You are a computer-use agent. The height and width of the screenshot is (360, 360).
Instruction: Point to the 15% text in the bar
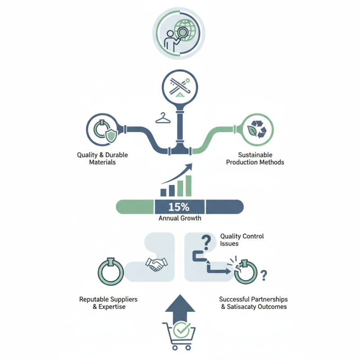(180, 207)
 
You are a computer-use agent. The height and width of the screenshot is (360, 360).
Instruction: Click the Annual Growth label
(180, 218)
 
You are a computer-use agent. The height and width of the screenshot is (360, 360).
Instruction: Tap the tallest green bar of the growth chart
(188, 186)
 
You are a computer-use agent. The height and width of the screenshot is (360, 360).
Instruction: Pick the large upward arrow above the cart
(180, 306)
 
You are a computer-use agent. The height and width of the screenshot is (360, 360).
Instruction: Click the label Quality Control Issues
(242, 239)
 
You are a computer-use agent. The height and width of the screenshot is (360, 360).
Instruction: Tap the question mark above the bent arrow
(206, 243)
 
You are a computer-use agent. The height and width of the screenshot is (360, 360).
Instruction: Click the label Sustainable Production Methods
(255, 158)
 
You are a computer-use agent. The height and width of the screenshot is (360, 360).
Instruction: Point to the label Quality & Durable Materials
(102, 158)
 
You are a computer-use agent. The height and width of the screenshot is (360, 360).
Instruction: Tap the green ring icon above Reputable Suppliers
(111, 271)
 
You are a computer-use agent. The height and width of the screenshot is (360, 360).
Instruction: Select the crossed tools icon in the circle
(180, 85)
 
